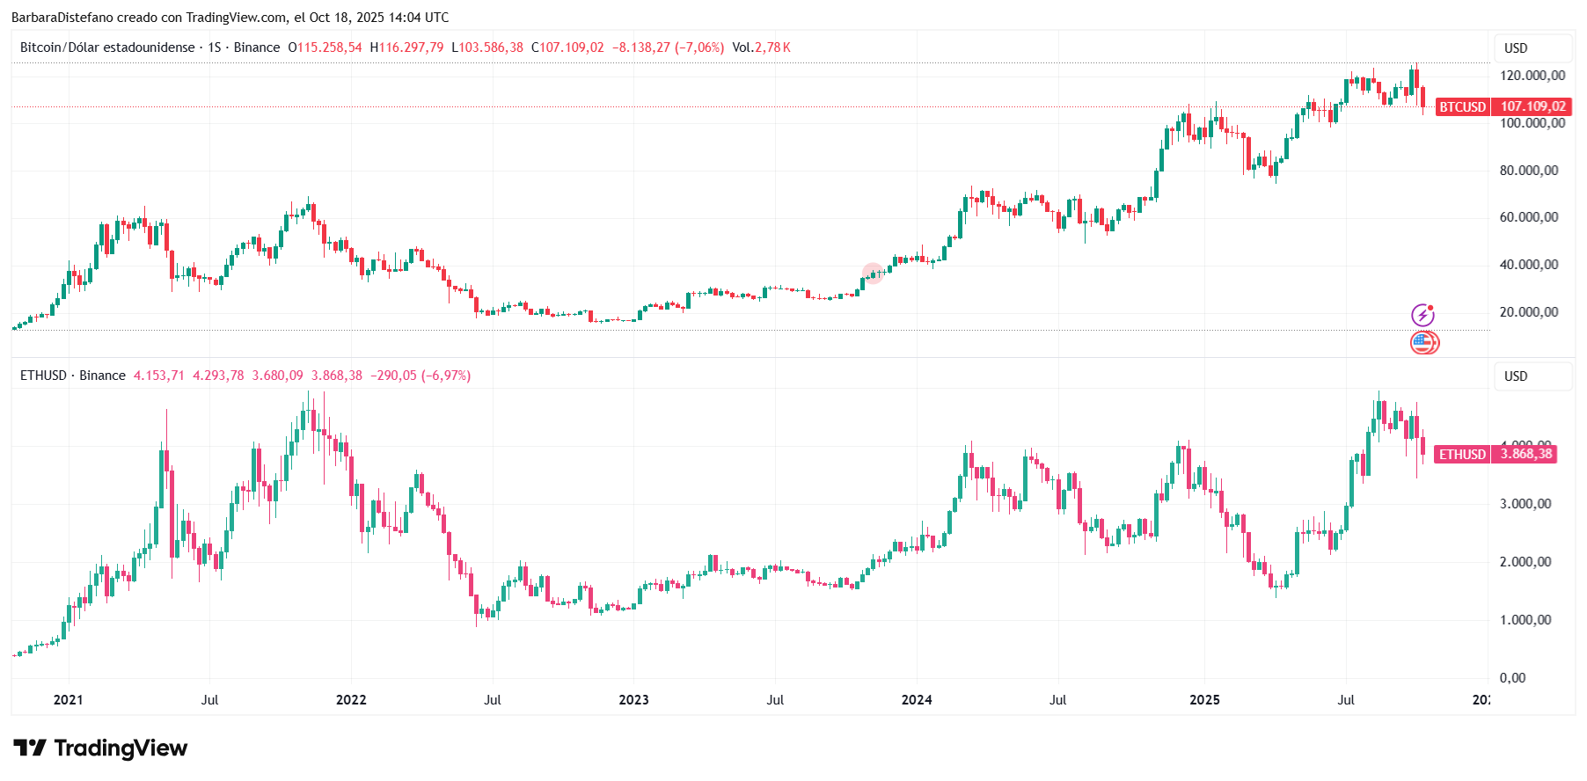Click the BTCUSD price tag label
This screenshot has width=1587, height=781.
[x=1462, y=107]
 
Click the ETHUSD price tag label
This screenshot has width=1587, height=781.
[x=1462, y=455]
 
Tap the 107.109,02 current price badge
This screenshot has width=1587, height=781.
[x=1532, y=107]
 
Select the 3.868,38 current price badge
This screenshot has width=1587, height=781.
[x=1526, y=455]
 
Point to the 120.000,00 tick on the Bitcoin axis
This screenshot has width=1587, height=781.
[x=1532, y=76]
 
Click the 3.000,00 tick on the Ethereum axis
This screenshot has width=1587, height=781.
[x=1525, y=504]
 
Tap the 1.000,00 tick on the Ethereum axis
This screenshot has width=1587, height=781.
[x=1525, y=620]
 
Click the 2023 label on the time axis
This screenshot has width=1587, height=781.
[x=633, y=700]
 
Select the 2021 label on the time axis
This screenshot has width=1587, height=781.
[x=68, y=700]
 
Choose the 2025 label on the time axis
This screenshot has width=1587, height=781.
[x=1204, y=700]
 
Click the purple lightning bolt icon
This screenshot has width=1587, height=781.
[x=1422, y=315]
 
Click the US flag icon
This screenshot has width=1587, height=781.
[x=1422, y=342]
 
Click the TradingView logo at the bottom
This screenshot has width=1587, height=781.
[x=100, y=748]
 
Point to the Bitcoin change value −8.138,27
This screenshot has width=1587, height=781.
[x=640, y=47]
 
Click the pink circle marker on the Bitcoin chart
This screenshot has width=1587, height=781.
[x=872, y=273]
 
